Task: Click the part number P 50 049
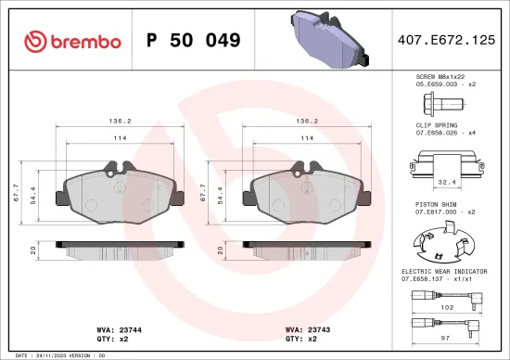click(x=194, y=41)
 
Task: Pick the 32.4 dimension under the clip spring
click(x=443, y=183)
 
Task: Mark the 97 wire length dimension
click(x=446, y=339)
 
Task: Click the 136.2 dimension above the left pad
click(x=117, y=120)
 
